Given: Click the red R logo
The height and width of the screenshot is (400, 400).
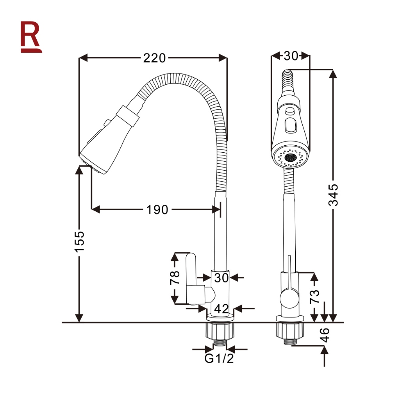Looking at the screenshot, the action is pyautogui.click(x=31, y=37).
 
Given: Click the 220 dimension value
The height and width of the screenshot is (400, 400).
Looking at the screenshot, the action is pyautogui.click(x=154, y=58).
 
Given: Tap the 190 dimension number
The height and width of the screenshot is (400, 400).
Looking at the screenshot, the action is pyautogui.click(x=157, y=210).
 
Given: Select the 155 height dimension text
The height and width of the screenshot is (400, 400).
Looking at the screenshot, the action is pyautogui.click(x=79, y=241).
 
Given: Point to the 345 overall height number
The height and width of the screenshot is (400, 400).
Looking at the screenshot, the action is pyautogui.click(x=333, y=195).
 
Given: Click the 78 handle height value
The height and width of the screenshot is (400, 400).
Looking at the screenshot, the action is pyautogui.click(x=175, y=278).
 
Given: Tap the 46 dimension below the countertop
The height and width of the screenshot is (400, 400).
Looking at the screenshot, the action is pyautogui.click(x=325, y=335).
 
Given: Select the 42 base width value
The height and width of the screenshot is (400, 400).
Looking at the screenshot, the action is pyautogui.click(x=221, y=309).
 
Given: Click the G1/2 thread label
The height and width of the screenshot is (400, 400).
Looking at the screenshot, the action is pyautogui.click(x=219, y=359).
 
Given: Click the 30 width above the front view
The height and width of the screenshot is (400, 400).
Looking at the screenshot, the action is pyautogui.click(x=291, y=56).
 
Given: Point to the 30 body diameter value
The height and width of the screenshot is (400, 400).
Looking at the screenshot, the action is pyautogui.click(x=221, y=278).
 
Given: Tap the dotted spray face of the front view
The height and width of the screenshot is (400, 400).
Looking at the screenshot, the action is pyautogui.click(x=291, y=157).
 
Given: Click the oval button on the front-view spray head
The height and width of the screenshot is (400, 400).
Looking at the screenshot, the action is pyautogui.click(x=291, y=125).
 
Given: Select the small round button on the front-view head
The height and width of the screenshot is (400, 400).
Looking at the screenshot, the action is pyautogui.click(x=289, y=111).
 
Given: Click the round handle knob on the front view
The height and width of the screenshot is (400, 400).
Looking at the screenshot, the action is pyautogui.click(x=289, y=300).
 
